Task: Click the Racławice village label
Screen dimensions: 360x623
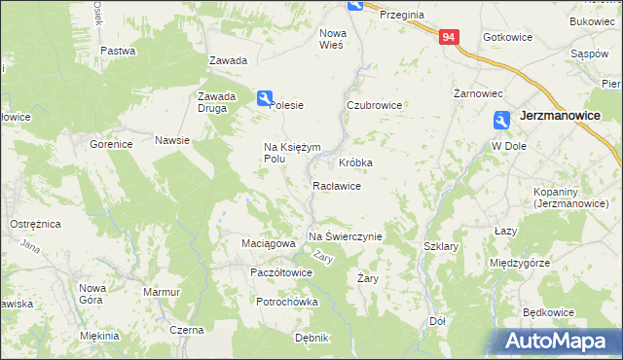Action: [x=338, y=186]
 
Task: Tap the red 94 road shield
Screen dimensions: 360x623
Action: [x=448, y=37]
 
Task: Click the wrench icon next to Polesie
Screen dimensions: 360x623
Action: [x=264, y=97]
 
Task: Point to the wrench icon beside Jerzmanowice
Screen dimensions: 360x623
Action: [x=500, y=120]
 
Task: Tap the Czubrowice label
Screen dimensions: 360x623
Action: [x=374, y=105]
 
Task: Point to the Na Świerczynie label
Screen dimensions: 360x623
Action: [x=346, y=236]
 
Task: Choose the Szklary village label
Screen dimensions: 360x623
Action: [x=441, y=247]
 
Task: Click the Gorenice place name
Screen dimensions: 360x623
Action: [x=111, y=144]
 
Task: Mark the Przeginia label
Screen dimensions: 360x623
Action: [x=402, y=15]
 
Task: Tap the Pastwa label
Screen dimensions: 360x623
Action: [x=117, y=50]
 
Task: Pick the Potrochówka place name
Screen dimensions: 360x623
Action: [x=287, y=303]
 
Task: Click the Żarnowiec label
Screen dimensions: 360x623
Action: [x=478, y=94]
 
